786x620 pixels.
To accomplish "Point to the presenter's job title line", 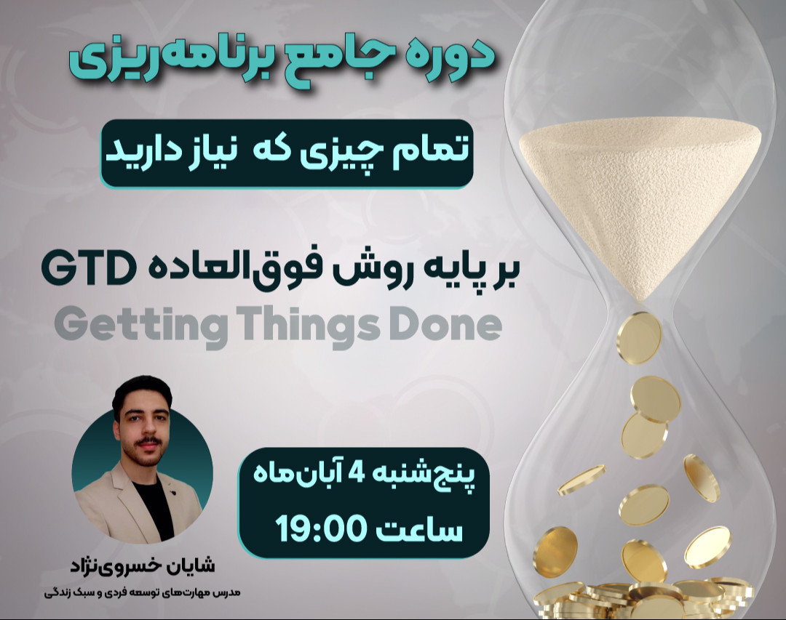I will tap(143, 592).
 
